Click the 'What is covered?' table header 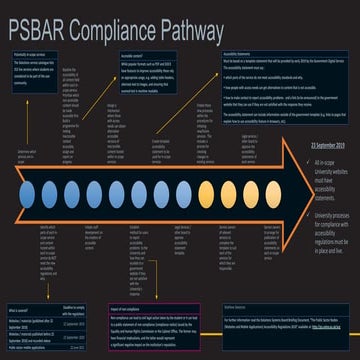point(25,282)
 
